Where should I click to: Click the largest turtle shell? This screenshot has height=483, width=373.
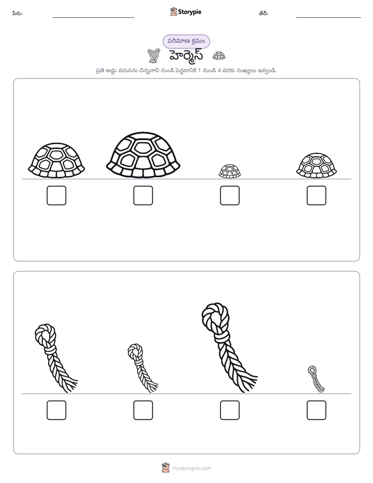pyautogui.click(x=143, y=155)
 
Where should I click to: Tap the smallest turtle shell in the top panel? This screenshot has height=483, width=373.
pyautogui.click(x=229, y=171)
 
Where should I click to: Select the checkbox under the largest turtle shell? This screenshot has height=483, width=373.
pyautogui.click(x=143, y=195)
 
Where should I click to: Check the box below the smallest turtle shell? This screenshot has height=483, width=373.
pyautogui.click(x=229, y=195)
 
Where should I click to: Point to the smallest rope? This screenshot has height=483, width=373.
pyautogui.click(x=315, y=378)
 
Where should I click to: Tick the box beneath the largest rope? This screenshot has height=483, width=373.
pyautogui.click(x=229, y=410)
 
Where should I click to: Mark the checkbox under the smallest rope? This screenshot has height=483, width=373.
pyautogui.click(x=317, y=410)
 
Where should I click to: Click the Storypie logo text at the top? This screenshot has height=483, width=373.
pyautogui.click(x=190, y=12)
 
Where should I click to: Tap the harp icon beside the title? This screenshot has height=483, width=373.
pyautogui.click(x=154, y=56)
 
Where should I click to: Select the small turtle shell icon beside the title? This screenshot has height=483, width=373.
pyautogui.click(x=219, y=56)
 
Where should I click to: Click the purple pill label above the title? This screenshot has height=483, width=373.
pyautogui.click(x=186, y=41)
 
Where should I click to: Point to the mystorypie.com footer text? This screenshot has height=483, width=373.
pyautogui.click(x=191, y=468)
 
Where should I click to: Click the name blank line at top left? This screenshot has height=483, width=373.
pyautogui.click(x=93, y=18)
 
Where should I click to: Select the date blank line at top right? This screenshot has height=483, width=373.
pyautogui.click(x=329, y=18)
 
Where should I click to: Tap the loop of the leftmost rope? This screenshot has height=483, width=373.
pyautogui.click(x=45, y=335)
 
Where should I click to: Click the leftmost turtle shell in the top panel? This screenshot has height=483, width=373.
pyautogui.click(x=56, y=160)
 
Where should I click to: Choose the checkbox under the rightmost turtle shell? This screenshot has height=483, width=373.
pyautogui.click(x=317, y=195)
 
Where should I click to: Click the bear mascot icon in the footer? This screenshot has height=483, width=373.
pyautogui.click(x=166, y=468)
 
